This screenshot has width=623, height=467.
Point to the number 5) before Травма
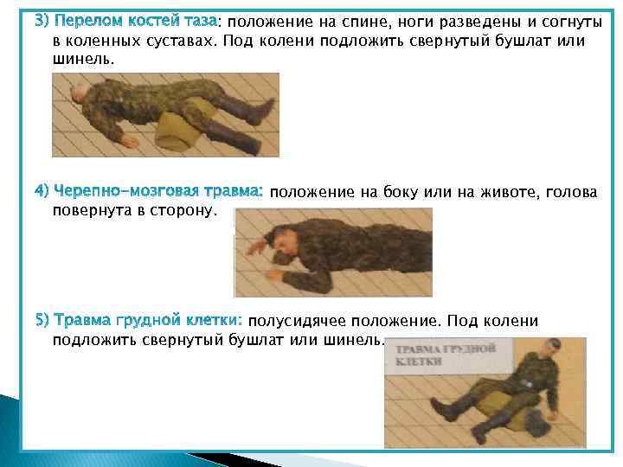[x=42, y=322]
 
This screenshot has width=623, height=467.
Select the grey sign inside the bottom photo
[x=446, y=355]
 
